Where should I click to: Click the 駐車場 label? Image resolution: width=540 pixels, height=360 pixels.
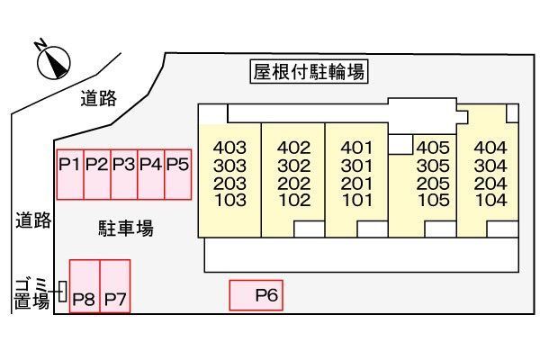click(125, 228)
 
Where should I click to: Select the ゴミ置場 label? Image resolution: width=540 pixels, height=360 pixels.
click(31, 293)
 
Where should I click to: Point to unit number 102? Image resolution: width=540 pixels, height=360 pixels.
click(293, 199)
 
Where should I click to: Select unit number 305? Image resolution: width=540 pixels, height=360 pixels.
click(433, 166)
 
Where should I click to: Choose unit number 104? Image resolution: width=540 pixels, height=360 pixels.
click(491, 199)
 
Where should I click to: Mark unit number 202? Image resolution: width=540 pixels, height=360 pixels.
click(293, 182)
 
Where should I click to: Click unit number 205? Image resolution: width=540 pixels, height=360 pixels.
click(433, 182)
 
